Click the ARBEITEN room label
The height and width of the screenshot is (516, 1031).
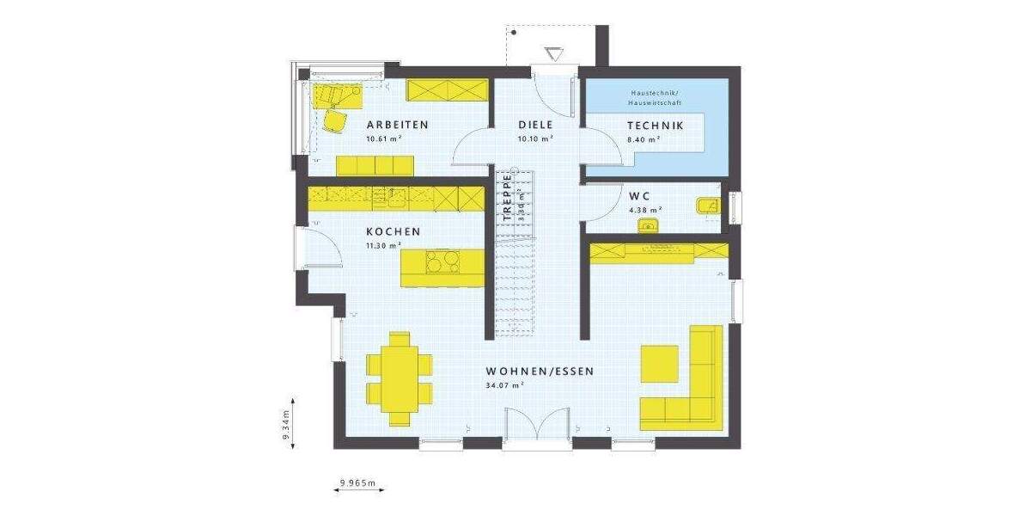(x=397, y=125)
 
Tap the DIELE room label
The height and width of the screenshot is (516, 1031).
(x=534, y=125)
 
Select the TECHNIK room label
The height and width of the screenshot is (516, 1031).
(x=655, y=125)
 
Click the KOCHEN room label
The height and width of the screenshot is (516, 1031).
(x=393, y=231)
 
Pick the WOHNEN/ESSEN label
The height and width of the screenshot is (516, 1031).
(x=540, y=372)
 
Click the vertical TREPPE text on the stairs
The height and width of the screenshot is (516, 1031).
(x=508, y=199)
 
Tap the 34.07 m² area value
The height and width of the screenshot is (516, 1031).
(x=505, y=386)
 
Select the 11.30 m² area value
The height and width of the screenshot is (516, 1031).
(x=384, y=245)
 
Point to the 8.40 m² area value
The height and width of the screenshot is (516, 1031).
(x=643, y=138)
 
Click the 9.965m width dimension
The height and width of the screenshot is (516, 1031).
(x=358, y=482)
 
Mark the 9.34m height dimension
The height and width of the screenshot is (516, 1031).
(x=287, y=423)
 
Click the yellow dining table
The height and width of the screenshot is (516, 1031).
(x=400, y=379)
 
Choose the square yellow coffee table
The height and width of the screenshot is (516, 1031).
(x=660, y=363)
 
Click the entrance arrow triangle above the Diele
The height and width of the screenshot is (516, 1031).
(x=554, y=53)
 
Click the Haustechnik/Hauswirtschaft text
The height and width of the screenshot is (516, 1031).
(x=655, y=97)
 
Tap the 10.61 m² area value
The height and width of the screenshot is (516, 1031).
(x=384, y=138)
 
